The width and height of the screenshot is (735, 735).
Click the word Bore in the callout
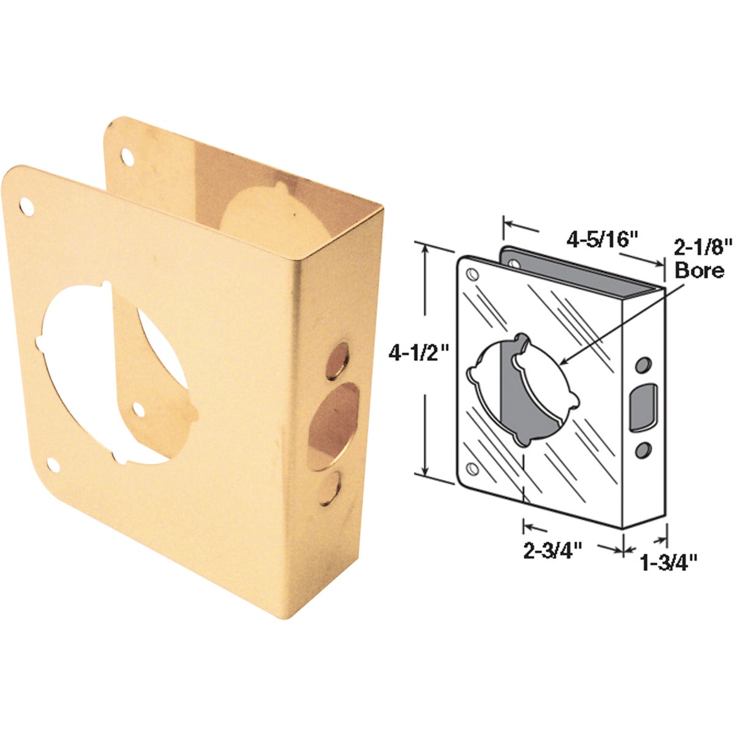point(699,270)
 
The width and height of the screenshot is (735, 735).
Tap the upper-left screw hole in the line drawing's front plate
point(473,275)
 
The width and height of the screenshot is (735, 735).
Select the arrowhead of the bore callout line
point(562,363)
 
